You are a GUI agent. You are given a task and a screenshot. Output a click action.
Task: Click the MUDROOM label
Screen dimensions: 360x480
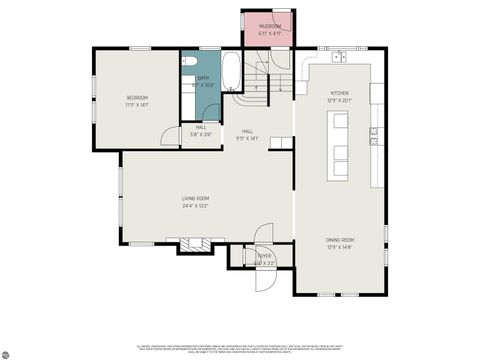tap(270, 26)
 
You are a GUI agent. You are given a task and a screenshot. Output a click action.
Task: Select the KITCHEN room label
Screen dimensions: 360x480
tap(340, 92)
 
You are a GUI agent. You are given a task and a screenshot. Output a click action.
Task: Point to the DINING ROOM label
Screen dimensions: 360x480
tap(339, 239)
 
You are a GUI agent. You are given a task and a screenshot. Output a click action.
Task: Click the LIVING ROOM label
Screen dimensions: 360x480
tap(195, 199)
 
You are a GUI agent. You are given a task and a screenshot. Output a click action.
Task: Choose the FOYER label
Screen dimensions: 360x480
tap(264, 256)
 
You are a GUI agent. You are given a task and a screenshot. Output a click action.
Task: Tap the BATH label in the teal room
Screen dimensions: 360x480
tap(203, 78)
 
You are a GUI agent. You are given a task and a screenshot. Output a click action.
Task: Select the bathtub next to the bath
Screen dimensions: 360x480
tap(230, 72)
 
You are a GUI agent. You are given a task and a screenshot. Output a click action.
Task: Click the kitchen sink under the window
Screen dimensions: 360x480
tap(341, 55)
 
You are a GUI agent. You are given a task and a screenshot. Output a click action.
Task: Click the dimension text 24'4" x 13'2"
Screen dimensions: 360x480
tap(195, 206)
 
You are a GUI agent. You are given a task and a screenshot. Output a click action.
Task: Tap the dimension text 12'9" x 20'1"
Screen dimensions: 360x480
tap(340, 99)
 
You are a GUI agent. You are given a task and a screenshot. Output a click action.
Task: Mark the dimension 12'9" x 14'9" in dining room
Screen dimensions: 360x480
tap(339, 246)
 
